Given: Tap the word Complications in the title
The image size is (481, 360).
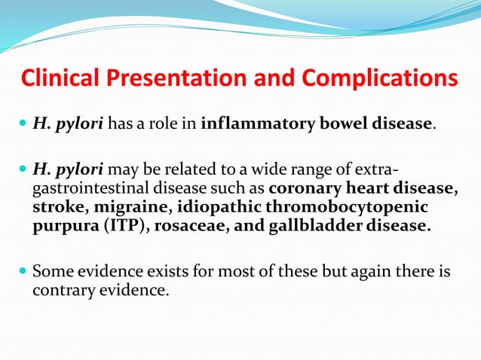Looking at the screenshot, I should click(380, 78).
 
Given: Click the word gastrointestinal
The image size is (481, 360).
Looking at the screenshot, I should click(89, 188).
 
